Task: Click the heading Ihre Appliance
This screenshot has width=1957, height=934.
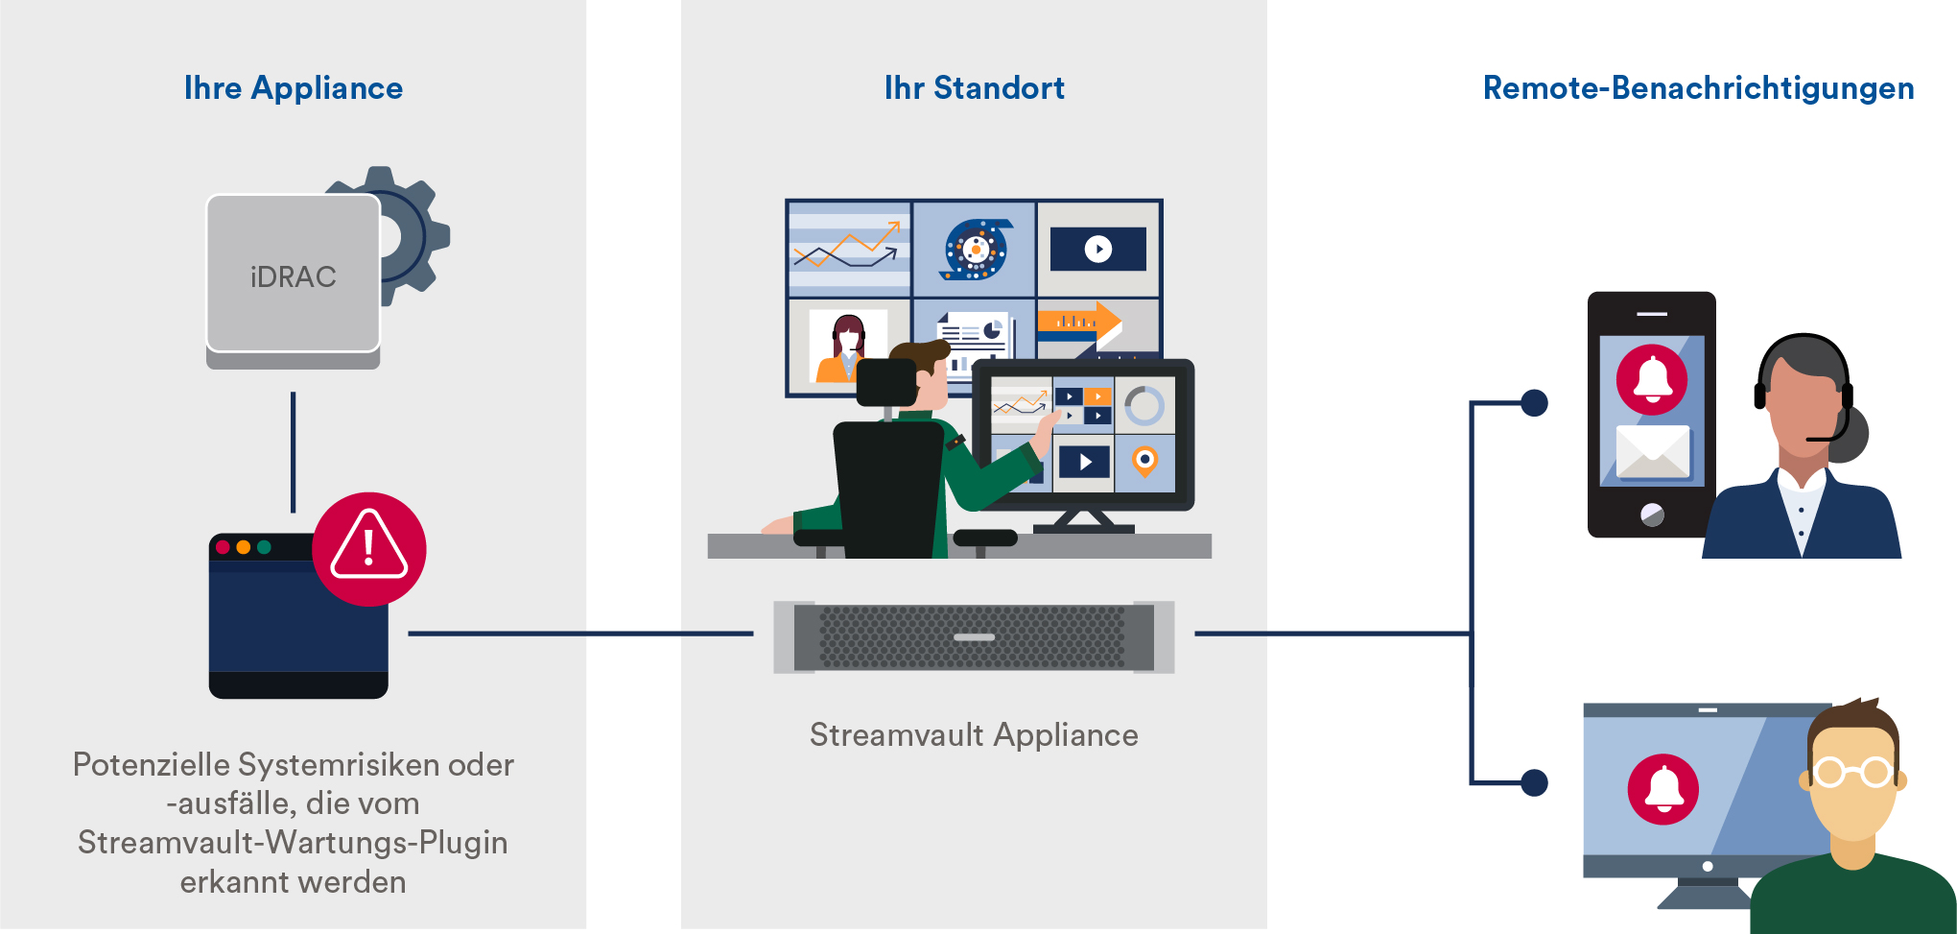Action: pos(294,88)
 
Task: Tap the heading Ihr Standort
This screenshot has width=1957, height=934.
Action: pos(975,88)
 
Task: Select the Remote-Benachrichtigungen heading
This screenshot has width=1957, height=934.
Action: pos(1699,88)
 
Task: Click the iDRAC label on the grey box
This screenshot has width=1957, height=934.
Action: pos(294,277)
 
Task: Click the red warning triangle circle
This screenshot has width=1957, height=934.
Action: pos(369,549)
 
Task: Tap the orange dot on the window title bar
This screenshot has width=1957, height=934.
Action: pos(244,547)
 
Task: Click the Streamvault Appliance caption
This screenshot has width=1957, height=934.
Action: pos(974,735)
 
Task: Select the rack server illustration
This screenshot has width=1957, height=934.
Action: pos(974,637)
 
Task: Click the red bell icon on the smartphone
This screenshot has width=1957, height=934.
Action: pos(1652,379)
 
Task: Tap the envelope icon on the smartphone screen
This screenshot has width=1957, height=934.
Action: pos(1653,451)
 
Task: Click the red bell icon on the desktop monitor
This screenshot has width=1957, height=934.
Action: pos(1663,789)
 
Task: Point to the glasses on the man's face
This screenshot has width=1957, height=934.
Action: pos(1853,771)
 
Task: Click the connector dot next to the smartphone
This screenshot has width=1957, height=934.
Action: pos(1535,403)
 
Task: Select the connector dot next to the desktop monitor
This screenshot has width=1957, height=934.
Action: pos(1535,782)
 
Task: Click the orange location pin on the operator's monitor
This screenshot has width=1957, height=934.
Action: pos(1144,462)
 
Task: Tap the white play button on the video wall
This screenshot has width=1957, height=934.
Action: pos(1098,250)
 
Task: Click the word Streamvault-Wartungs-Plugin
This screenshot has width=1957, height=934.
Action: pos(293,843)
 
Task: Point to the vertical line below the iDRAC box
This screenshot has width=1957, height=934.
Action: pos(294,452)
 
